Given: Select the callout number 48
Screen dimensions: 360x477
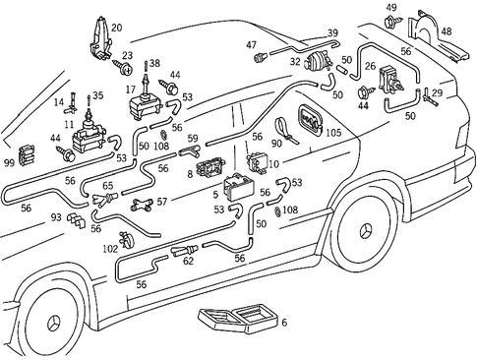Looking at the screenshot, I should (447, 31).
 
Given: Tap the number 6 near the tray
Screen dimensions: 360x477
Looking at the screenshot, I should (284, 323).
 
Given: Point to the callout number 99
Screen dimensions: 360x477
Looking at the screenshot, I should (9, 160).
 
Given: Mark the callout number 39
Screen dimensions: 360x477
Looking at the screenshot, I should (332, 32).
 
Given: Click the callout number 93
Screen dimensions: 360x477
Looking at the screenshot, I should (56, 217).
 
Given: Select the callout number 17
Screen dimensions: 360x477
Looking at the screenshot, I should (130, 89).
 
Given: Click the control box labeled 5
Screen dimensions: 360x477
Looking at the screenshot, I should (242, 188).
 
